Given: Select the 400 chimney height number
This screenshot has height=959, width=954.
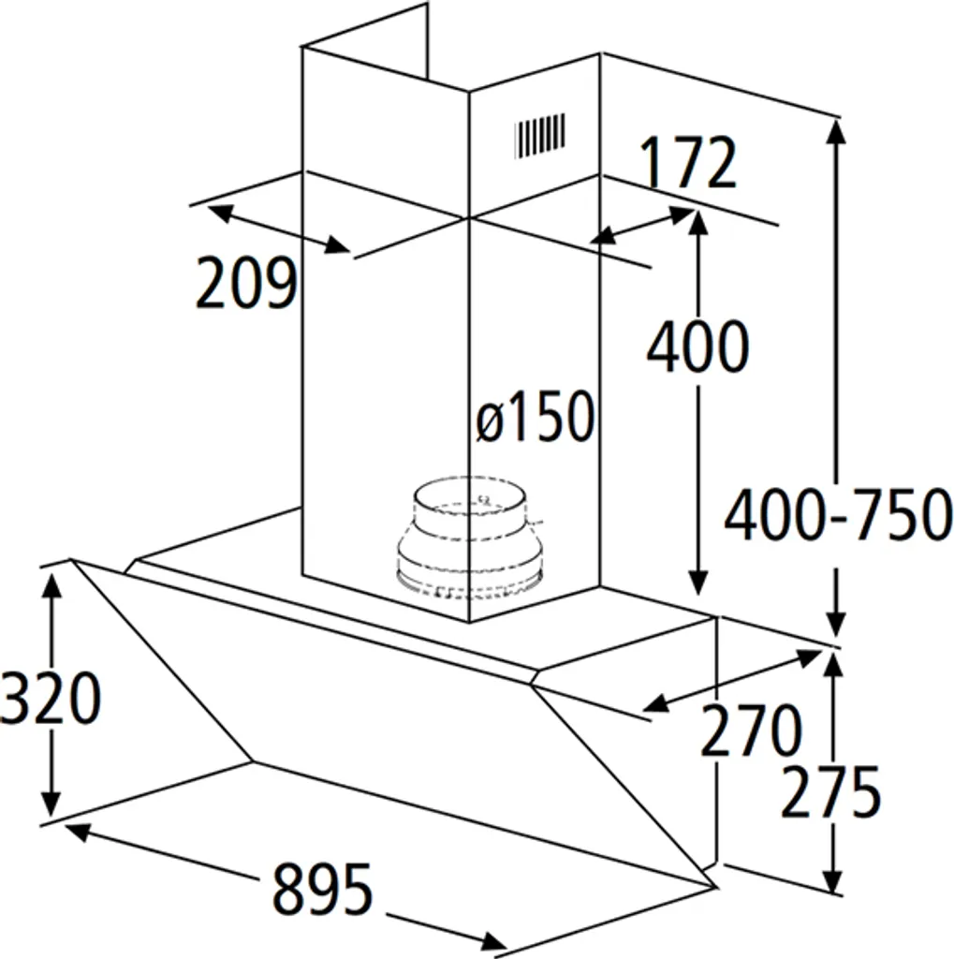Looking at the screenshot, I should (x=698, y=347).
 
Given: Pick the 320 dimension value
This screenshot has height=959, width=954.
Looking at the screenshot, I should (x=50, y=699).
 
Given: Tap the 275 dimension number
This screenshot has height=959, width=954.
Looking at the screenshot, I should (x=831, y=791).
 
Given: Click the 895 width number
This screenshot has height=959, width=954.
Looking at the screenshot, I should (x=323, y=890).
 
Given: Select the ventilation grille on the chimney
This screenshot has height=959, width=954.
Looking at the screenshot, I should (x=539, y=134).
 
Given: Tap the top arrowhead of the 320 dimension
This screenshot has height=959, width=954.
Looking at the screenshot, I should (x=52, y=583).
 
